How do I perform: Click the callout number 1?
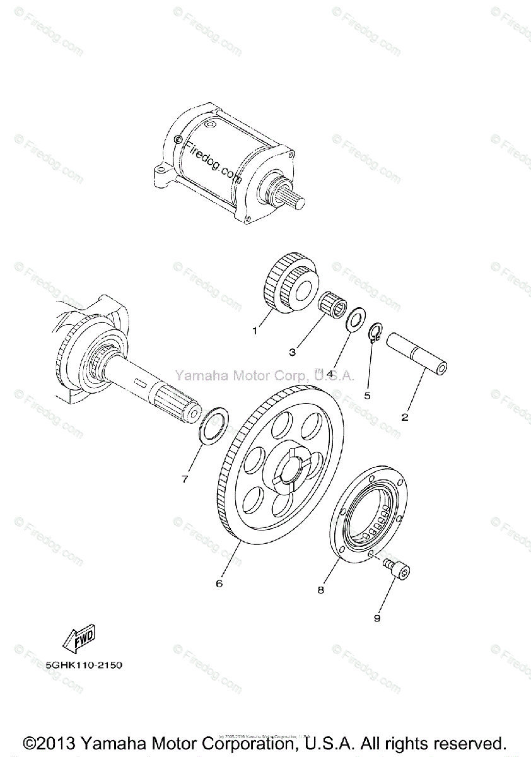point(255,330)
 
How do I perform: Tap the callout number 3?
point(293,351)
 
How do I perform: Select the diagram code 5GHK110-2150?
point(84,664)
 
